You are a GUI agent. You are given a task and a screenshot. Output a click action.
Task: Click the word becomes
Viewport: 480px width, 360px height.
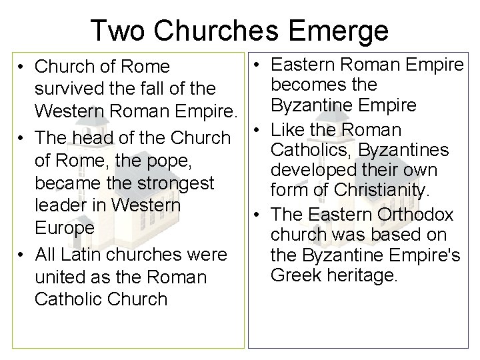[x=305, y=85]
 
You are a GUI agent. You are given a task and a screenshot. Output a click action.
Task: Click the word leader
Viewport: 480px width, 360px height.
[x=60, y=205]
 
